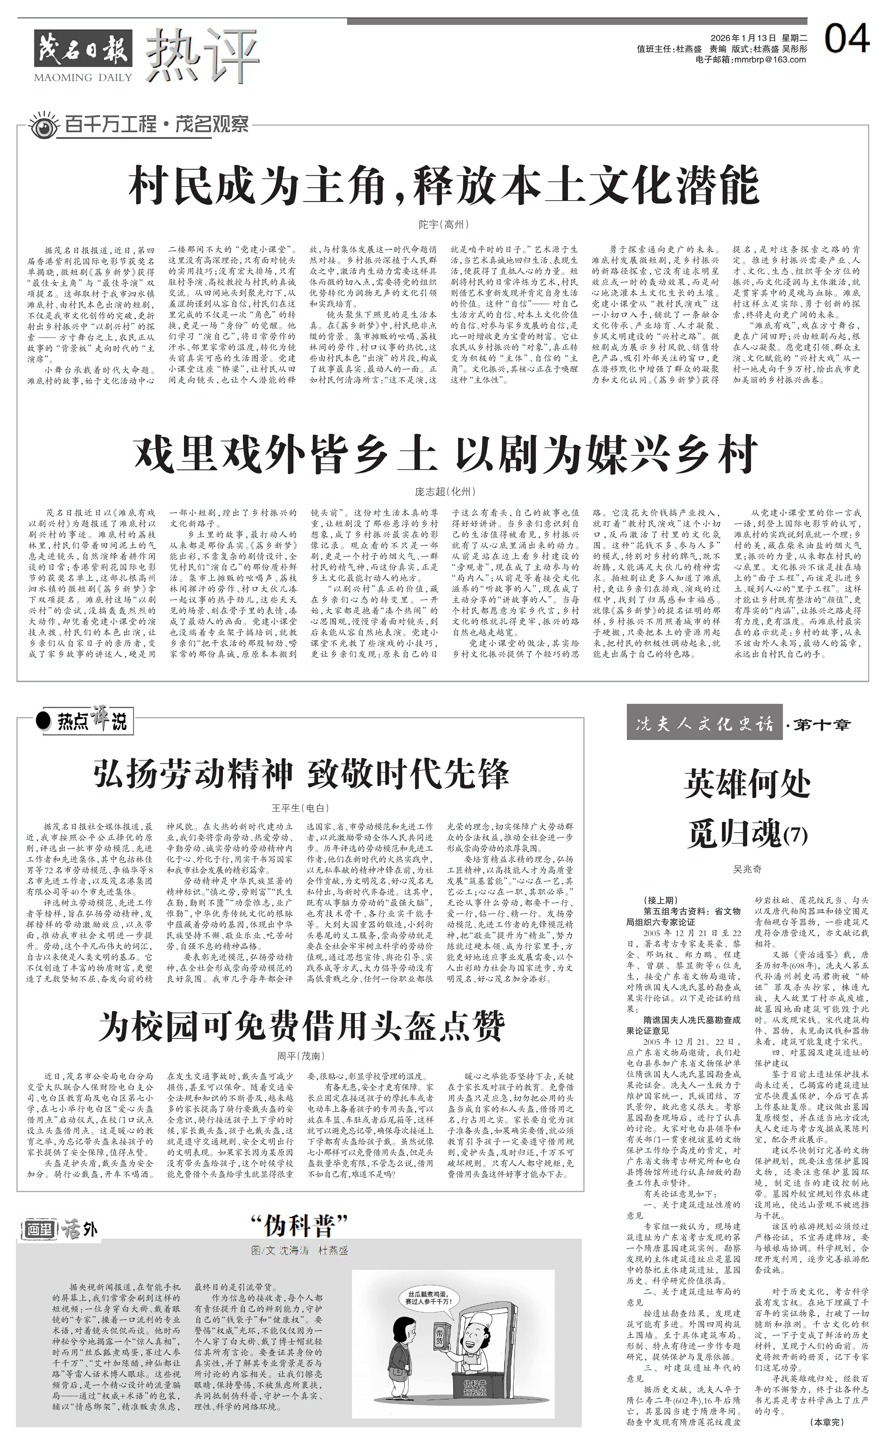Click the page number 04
[x=846, y=40]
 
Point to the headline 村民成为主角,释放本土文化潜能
[x=443, y=185]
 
